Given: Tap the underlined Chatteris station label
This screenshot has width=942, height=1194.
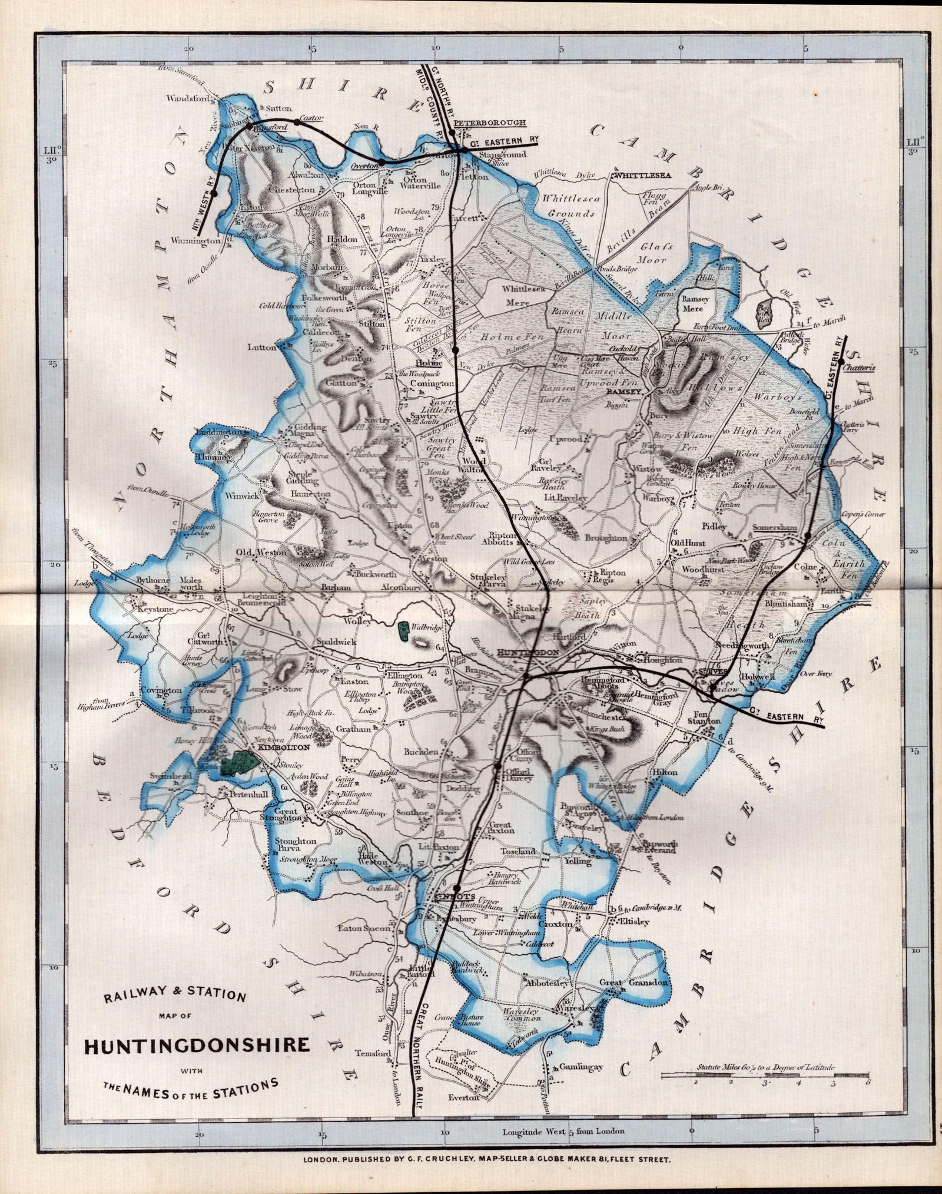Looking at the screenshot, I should click(859, 368).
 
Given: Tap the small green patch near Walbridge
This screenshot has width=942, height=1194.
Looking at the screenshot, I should click(404, 631).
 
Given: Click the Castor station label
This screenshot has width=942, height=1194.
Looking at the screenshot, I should click(310, 117).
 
